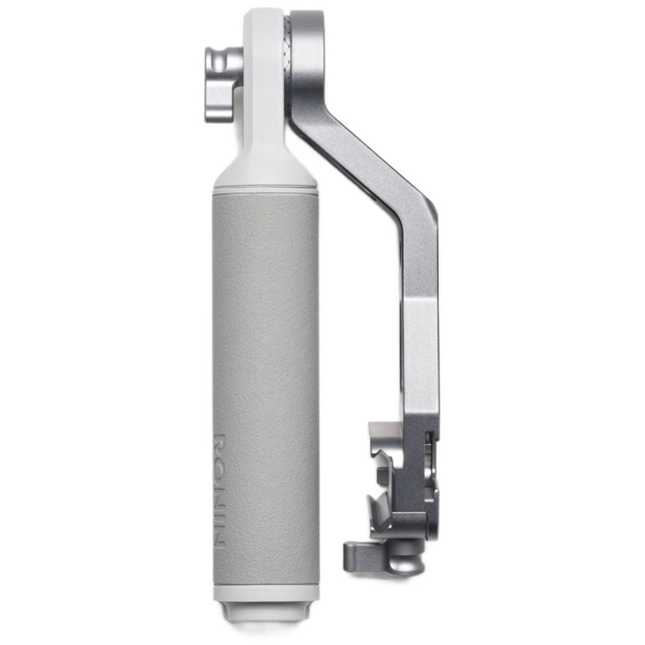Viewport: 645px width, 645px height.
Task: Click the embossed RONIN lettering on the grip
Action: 219,490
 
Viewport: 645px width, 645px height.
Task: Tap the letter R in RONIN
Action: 219,442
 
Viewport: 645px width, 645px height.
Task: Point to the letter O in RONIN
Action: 219,465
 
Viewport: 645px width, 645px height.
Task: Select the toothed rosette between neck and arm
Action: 287,62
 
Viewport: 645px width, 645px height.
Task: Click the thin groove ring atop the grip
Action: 265,190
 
